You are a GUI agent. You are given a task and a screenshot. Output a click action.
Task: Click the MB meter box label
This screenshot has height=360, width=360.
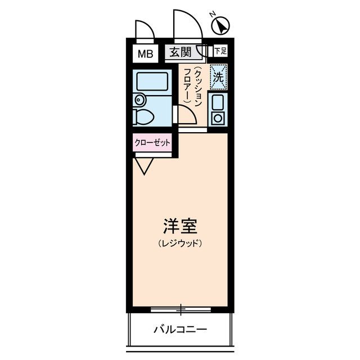click(x=146, y=54)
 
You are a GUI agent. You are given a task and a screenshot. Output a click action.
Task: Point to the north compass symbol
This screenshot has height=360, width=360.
click(x=220, y=25)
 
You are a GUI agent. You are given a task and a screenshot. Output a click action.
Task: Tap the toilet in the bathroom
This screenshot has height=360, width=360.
click(x=145, y=117)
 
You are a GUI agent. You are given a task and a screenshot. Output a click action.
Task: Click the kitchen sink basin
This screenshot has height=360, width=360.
click(x=217, y=102)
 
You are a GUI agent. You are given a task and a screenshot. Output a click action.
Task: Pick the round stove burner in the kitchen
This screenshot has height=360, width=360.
click(x=217, y=118)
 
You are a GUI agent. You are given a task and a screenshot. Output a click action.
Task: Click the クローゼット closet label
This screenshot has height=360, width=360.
click(x=152, y=143)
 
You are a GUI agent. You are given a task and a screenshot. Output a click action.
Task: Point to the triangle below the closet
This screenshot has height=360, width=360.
click(x=145, y=165)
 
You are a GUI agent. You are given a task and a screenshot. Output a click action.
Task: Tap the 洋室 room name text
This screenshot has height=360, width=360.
click(x=180, y=227)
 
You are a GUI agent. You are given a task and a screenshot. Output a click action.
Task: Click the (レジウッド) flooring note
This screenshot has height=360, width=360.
click(x=180, y=244)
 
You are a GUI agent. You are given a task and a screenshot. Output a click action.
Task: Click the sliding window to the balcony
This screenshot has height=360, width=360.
click(x=180, y=309)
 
